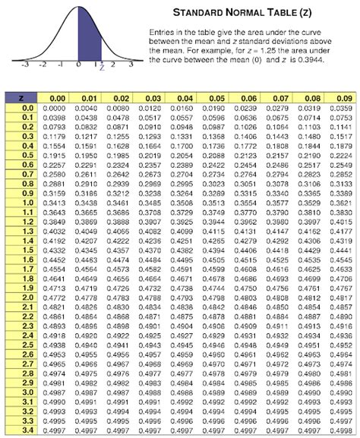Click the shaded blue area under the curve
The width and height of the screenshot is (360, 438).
pyautogui.click(x=84, y=50)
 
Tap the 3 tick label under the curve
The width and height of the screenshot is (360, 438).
pyautogui.click(x=131, y=66)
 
